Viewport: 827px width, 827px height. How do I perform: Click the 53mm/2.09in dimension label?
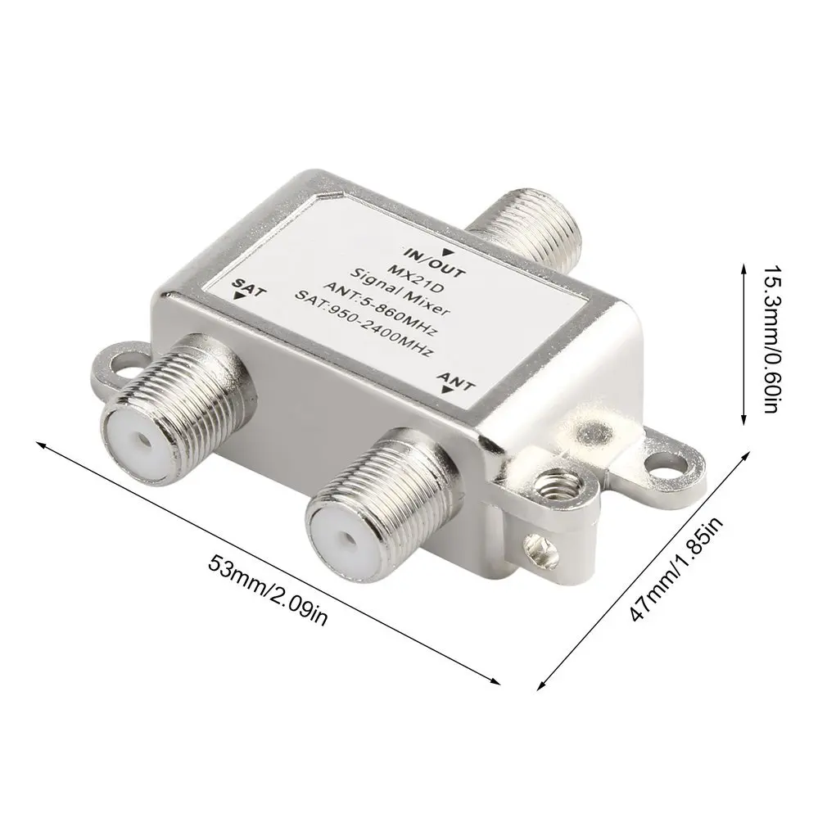[x=269, y=590]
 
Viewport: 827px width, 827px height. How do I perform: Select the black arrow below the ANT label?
[x=446, y=392]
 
